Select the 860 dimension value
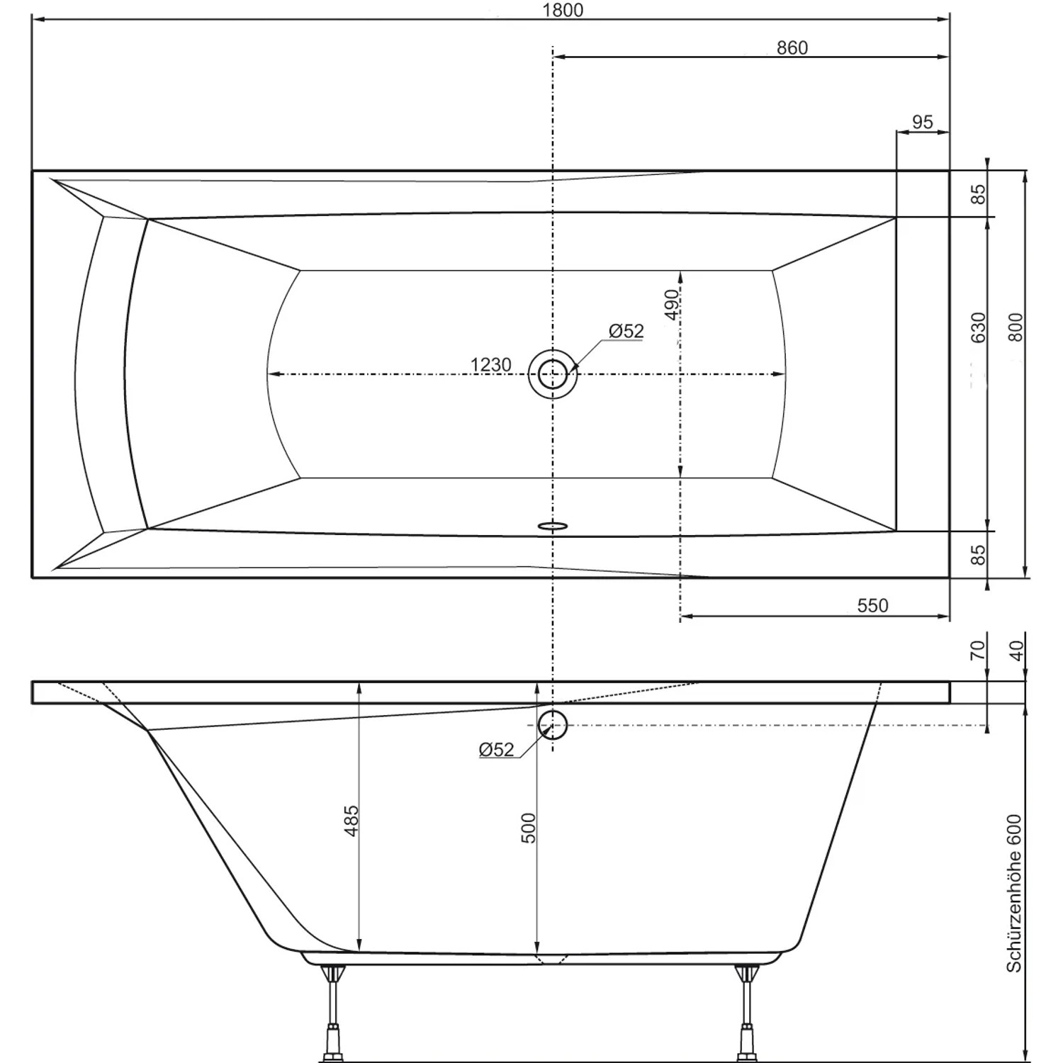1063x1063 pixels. tap(792, 47)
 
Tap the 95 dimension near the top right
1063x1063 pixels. tap(922, 122)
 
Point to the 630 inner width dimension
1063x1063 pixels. tap(978, 327)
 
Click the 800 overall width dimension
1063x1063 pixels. tap(1016, 327)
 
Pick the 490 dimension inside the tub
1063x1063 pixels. tap(672, 305)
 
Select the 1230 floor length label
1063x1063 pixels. tap(490, 364)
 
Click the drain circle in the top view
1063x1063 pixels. tap(553, 373)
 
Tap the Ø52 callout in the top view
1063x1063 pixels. tap(626, 331)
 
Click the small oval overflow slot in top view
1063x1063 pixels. tap(553, 526)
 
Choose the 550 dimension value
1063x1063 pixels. tap(872, 605)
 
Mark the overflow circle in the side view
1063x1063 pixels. tap(553, 725)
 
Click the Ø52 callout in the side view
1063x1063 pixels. tap(496, 750)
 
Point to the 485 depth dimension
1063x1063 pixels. tap(351, 821)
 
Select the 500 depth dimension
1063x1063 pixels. tap(529, 828)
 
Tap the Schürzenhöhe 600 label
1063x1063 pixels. tap(1014, 893)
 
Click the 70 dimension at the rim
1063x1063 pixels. tap(977, 649)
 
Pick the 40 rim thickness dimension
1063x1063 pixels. tap(1016, 651)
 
